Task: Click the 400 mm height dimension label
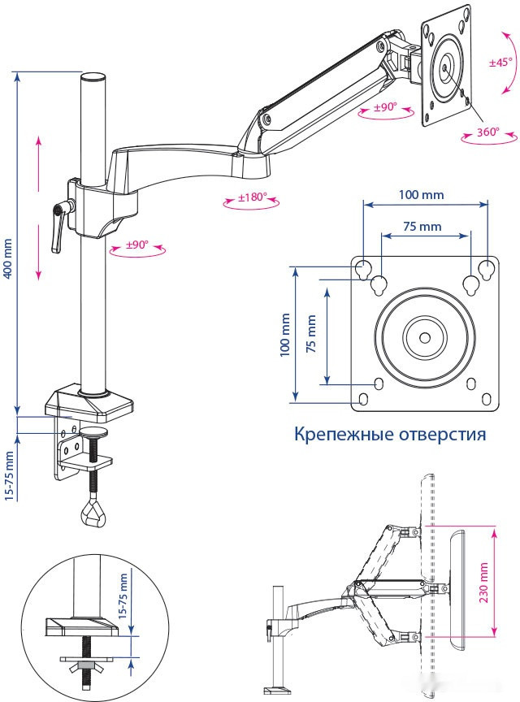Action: coord(8,258)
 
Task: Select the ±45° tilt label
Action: coord(500,63)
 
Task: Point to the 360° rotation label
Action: coord(488,132)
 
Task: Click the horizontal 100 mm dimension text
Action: coord(421,194)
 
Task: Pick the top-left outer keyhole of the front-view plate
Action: coord(363,269)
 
